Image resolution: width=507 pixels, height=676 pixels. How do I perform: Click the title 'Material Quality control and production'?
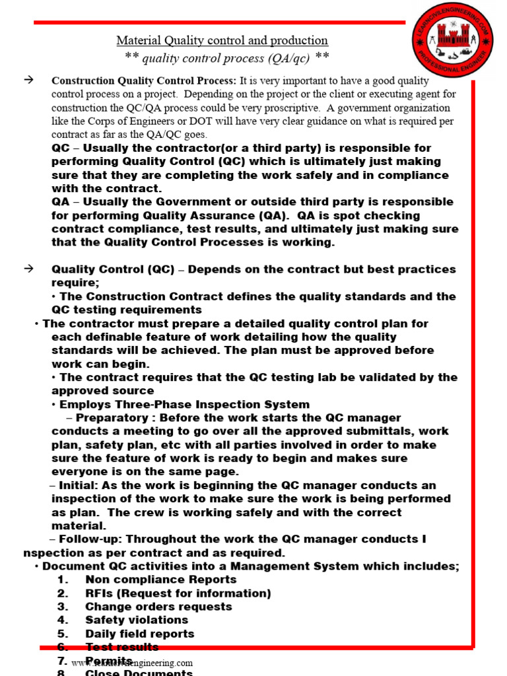[222, 40]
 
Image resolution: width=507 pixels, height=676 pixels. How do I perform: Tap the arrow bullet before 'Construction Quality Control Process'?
[28, 80]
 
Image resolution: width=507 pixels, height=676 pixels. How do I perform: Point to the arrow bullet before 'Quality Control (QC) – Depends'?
[28, 269]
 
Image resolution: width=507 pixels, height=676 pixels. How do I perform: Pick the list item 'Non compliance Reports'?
[160, 580]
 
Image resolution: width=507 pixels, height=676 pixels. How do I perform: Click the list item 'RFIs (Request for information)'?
[178, 593]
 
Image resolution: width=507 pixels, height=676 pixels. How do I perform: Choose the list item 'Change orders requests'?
[158, 607]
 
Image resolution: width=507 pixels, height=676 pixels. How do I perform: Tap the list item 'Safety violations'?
[137, 620]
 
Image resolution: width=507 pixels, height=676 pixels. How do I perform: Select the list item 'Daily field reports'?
[140, 634]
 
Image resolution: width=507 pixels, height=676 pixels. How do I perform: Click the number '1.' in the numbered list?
[63, 580]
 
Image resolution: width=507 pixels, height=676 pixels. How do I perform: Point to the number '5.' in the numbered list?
[63, 634]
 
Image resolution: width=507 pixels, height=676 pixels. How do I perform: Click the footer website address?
[132, 663]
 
